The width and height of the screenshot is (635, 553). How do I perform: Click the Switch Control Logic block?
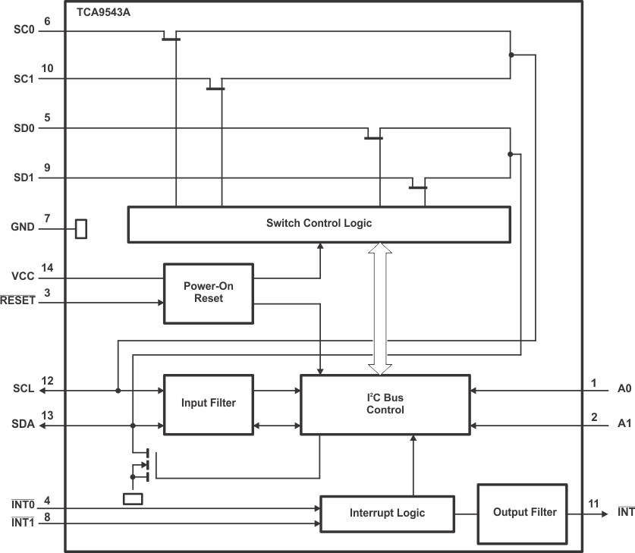point(319,224)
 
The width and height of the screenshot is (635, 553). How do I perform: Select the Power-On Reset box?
point(209,293)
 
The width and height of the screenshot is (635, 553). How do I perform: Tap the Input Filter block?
point(209,403)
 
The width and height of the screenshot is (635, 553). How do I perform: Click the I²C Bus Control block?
point(385,404)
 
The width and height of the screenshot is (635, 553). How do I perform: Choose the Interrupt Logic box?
point(387,513)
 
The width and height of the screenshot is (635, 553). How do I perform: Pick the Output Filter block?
point(524,513)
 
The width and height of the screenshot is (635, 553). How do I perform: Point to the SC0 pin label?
point(24,31)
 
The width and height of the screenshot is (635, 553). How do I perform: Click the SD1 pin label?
point(24,178)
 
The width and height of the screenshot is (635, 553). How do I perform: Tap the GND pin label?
point(23,227)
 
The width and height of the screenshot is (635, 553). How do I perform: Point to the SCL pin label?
point(24,391)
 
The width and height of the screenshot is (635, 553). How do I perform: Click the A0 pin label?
point(624,391)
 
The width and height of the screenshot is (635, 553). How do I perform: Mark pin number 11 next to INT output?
point(593,504)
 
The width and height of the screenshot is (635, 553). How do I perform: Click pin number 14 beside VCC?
point(48,267)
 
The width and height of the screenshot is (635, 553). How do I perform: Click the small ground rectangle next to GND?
point(81,228)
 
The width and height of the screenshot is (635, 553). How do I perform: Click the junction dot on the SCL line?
point(118,391)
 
